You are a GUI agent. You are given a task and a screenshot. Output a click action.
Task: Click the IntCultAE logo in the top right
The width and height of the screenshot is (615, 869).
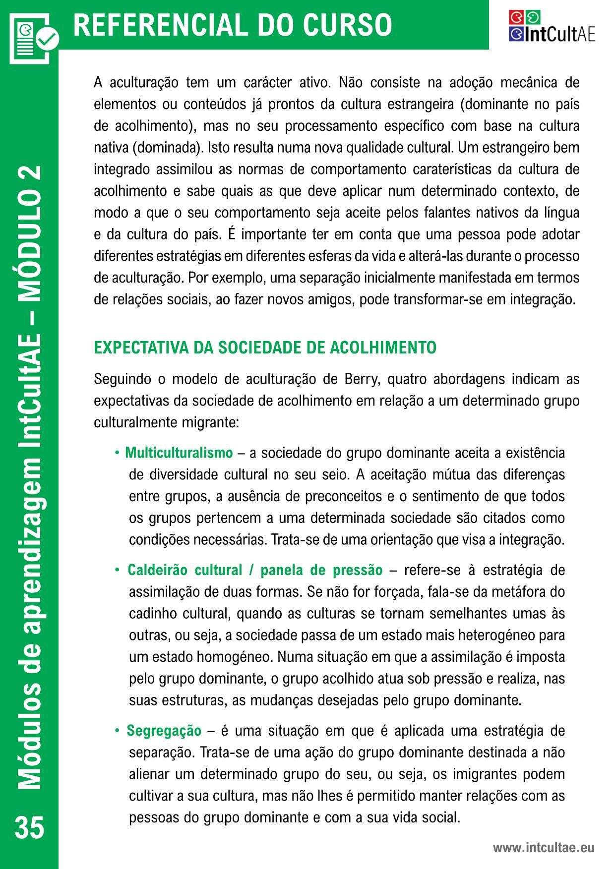pos(552,26)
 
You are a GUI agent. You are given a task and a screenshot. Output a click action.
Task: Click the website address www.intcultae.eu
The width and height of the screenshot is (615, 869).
pos(543,848)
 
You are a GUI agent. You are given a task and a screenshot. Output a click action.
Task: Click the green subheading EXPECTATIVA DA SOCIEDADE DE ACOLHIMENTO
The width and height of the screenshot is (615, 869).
pos(265,348)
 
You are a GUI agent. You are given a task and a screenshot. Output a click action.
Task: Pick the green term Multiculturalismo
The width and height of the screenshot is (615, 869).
pos(179,453)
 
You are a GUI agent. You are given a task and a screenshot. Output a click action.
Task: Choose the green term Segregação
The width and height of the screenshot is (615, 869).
pos(164,731)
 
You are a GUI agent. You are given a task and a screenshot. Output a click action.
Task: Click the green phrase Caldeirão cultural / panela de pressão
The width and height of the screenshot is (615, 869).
pos(255,570)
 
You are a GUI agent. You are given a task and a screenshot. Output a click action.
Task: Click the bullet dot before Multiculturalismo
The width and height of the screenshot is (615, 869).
pos(117,453)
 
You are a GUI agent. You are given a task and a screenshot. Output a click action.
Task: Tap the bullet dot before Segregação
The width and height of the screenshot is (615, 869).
pos(117,731)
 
